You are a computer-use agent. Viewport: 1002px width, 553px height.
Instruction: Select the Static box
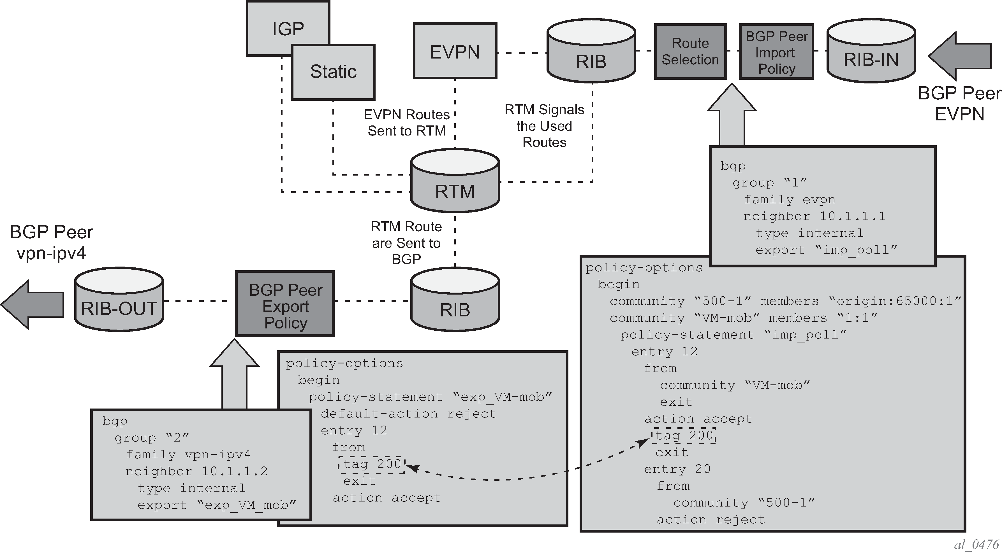tap(333, 72)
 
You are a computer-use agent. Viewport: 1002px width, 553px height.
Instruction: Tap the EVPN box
tap(455, 50)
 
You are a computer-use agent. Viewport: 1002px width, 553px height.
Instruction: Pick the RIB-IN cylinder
tap(871, 50)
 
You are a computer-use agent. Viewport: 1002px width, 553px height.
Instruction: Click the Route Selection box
tap(690, 51)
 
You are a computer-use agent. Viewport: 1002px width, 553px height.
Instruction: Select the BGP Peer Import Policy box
tap(776, 51)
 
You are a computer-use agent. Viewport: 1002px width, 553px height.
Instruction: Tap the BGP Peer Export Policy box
tap(285, 304)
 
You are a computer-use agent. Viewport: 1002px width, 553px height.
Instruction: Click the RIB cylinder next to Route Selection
tap(591, 50)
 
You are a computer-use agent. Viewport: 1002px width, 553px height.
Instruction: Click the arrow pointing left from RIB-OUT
tap(32, 305)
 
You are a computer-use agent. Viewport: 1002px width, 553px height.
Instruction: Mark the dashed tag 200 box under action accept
tap(683, 436)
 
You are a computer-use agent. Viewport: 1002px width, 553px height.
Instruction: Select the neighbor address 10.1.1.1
tap(852, 216)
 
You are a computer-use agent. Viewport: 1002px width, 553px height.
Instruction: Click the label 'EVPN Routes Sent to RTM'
tap(406, 122)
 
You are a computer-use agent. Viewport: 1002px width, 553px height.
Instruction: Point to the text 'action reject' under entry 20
tap(711, 520)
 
